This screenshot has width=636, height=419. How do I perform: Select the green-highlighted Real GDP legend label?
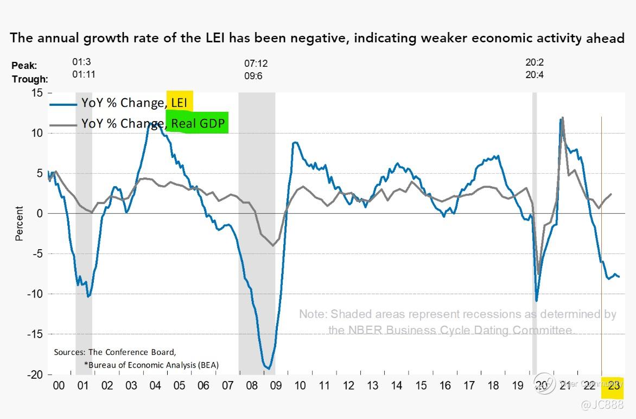click(x=197, y=123)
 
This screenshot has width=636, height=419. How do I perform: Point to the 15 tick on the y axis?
click(x=36, y=93)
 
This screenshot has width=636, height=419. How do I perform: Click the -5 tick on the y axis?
click(x=36, y=253)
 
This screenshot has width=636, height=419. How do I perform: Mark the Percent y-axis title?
click(x=20, y=223)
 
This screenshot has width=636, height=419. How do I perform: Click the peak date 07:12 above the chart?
click(x=256, y=64)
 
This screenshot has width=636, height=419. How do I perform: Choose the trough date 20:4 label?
click(x=535, y=75)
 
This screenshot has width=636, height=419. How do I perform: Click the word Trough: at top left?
click(x=29, y=79)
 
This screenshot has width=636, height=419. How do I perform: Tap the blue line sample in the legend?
click(x=62, y=103)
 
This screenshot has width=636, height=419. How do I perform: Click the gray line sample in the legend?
click(x=62, y=125)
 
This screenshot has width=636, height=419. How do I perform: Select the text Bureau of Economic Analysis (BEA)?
click(x=152, y=365)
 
